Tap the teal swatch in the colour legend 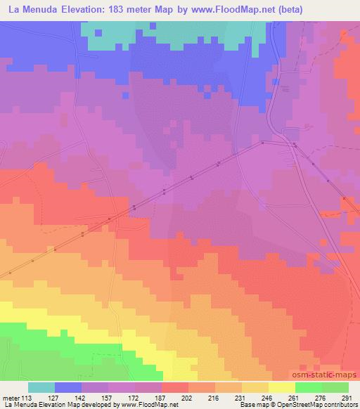pyautogui.click(x=41, y=387)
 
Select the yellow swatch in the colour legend pyautogui.click(x=281, y=387)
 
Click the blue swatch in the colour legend pyautogui.click(x=68, y=387)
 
